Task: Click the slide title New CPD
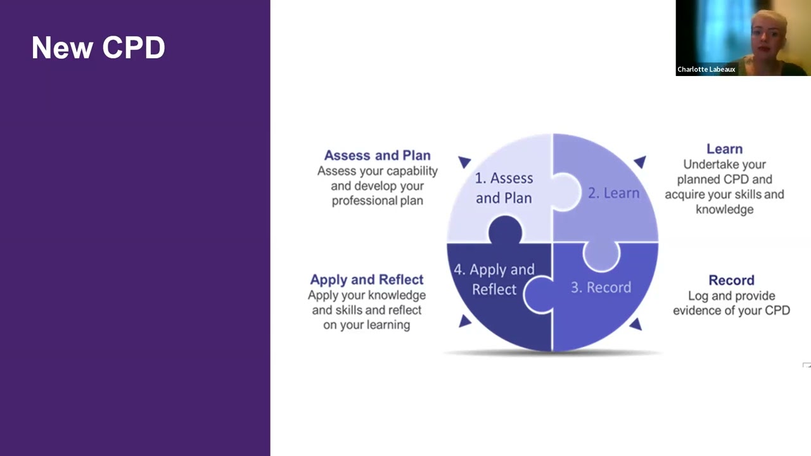(98, 48)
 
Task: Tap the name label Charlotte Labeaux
(706, 70)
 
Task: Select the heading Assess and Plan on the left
(377, 156)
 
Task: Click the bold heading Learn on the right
(724, 149)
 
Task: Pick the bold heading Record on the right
(731, 280)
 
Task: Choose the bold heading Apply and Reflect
(366, 279)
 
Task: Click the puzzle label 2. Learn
(613, 193)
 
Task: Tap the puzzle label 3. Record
(601, 288)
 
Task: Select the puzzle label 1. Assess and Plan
(504, 188)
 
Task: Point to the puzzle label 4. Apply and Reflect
(494, 279)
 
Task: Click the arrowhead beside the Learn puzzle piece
(640, 162)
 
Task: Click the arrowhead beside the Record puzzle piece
(635, 324)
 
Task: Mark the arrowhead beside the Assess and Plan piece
(464, 162)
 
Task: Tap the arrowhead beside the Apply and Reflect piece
(464, 321)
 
